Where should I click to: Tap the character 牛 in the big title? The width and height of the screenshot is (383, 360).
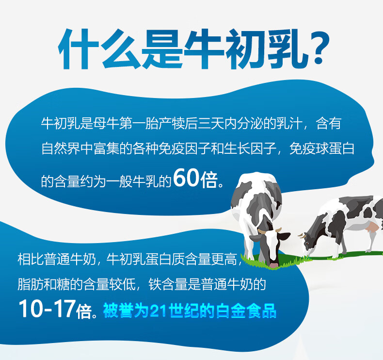pyautogui.click(x=204, y=49)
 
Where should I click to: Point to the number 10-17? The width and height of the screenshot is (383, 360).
pyautogui.click(x=47, y=309)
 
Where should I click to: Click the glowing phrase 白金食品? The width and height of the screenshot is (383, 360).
pyautogui.click(x=246, y=311)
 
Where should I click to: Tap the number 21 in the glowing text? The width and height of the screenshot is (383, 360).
pyautogui.click(x=159, y=311)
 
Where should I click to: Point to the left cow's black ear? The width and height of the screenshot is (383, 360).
pyautogui.click(x=284, y=236)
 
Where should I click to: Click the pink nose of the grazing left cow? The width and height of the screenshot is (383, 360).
pyautogui.click(x=273, y=265)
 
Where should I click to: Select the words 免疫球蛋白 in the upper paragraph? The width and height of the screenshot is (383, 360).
pyautogui.click(x=322, y=148)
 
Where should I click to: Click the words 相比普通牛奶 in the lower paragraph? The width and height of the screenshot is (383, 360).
pyautogui.click(x=57, y=259)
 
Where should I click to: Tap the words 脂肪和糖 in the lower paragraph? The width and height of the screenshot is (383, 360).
pyautogui.click(x=44, y=284)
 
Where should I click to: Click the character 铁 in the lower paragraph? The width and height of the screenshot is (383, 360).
pyautogui.click(x=155, y=284)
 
